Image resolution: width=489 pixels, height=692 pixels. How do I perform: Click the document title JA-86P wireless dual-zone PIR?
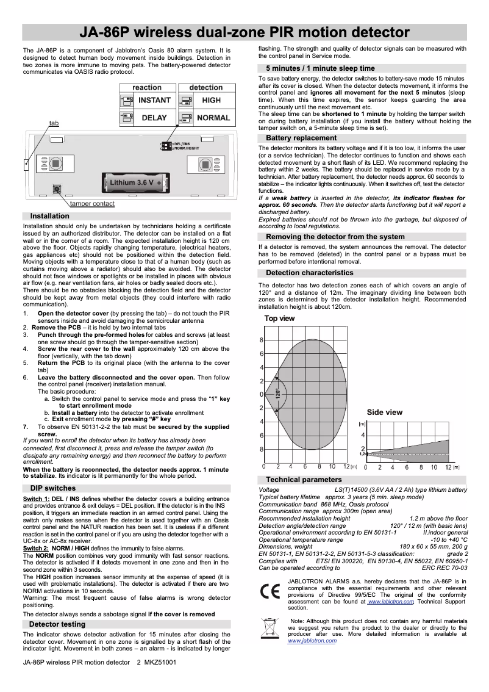(x=246, y=32)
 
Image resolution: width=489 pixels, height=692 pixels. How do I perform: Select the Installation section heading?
(x=49, y=216)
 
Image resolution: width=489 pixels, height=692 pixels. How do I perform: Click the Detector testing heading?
(x=57, y=624)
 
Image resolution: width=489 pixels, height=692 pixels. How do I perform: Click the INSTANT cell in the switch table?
(x=154, y=100)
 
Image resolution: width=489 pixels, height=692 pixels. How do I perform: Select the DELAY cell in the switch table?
(x=154, y=118)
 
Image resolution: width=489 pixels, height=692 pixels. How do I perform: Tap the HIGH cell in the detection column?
(x=212, y=100)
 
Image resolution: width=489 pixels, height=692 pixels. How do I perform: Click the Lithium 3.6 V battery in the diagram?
(x=135, y=183)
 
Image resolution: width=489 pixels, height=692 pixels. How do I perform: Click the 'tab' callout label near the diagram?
(x=54, y=123)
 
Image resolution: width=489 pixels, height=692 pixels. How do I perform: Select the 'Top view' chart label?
(x=279, y=319)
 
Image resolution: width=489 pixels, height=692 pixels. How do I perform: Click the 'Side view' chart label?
(x=384, y=413)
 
